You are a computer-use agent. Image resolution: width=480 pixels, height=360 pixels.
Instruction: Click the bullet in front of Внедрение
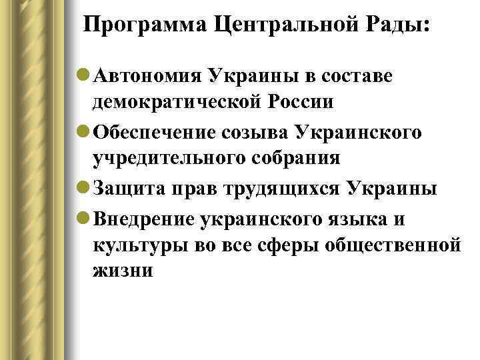tap(85, 217)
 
